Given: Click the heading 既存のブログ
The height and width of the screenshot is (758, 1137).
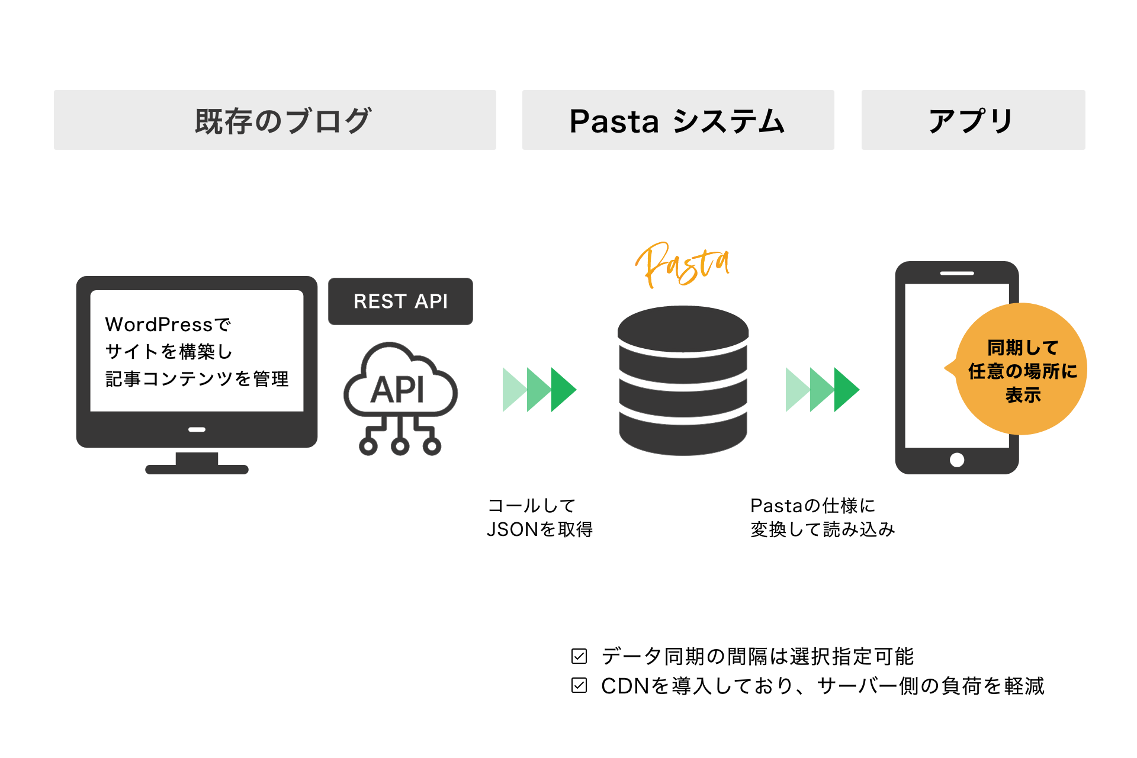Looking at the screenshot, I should point(282,121).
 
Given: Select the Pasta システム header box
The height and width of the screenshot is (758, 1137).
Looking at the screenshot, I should point(677,120).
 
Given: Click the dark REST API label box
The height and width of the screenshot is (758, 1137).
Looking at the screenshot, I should point(400,301).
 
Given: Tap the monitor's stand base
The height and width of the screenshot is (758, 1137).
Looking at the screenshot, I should point(197,469).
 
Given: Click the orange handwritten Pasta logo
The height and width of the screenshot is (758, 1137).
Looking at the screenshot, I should point(682,265).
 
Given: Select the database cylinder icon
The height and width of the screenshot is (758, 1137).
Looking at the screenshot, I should point(683,380).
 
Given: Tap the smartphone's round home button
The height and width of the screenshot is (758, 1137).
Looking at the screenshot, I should point(956,460).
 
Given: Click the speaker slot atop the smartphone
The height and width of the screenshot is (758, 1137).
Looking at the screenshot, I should point(956,274).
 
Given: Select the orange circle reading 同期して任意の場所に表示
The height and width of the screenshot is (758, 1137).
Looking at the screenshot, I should point(1022,370).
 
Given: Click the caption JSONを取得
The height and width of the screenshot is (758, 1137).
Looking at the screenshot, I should point(539,529).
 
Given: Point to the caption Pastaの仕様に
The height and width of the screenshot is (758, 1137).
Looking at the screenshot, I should point(812,506).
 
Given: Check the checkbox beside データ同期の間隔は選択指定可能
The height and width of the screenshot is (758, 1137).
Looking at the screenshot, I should point(579,656).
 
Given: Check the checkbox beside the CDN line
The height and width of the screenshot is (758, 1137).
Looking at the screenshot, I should point(579,685).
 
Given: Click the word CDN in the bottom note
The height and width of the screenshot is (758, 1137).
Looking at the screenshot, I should point(625,686).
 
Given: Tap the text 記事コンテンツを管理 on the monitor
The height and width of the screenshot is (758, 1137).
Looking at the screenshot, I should point(197,379).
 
